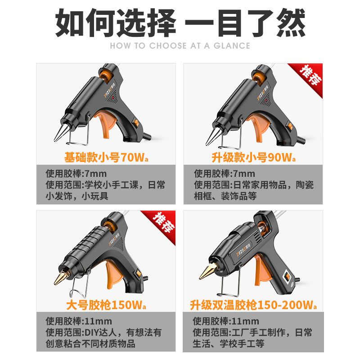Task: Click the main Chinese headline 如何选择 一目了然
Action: [180, 22]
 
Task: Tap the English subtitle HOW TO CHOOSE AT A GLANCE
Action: [180, 46]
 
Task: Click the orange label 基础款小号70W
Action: [106, 157]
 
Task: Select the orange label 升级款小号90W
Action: [253, 157]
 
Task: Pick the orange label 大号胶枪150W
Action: [106, 305]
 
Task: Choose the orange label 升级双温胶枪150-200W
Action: [253, 305]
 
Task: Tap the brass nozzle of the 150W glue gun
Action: [61, 278]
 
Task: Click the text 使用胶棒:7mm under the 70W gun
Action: [76, 174]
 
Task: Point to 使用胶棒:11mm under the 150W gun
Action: [79, 321]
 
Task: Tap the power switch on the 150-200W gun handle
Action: [287, 276]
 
